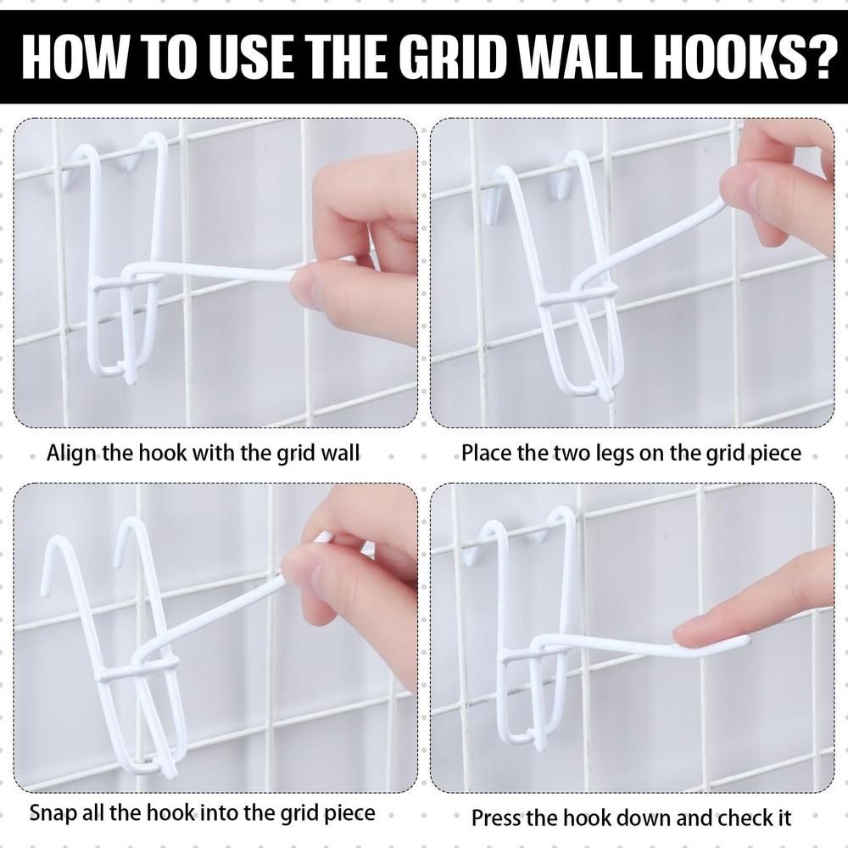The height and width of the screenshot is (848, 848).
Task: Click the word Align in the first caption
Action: [x=72, y=452]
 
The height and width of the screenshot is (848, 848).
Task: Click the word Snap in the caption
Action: [x=55, y=812]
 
